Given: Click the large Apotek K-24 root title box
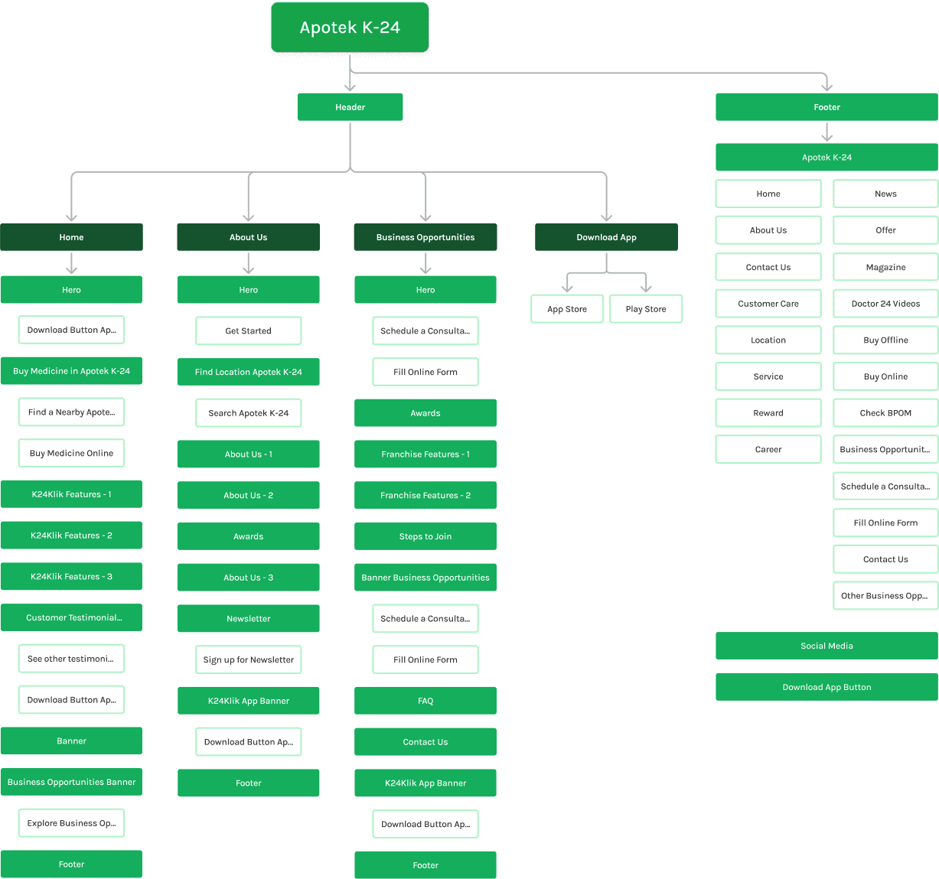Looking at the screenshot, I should coord(350,28).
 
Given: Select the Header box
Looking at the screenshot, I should coord(350,107).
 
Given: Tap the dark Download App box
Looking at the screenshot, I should coord(606,237).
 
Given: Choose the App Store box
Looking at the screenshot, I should coord(567,309).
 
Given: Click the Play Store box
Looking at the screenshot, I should coord(646,309).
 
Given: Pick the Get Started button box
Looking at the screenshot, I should coord(249,331).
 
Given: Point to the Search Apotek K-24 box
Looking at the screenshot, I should coord(249,413).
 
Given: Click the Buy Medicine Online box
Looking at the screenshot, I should coord(71,454).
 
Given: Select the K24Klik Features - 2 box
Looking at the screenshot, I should coord(71,536).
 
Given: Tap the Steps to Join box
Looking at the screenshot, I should coord(425,536).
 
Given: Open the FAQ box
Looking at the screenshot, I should coord(425,701).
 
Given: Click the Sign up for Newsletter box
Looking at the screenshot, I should coord(249,660).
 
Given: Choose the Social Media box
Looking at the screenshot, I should coord(827,646).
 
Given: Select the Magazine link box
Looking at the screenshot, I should coord(885,267).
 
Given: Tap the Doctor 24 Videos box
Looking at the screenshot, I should coord(885,304).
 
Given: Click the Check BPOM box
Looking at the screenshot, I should coord(885,413).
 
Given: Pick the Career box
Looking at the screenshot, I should coord(768,450).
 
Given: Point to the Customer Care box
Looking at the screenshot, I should coord(768,304).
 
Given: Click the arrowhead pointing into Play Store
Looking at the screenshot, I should coord(646,288).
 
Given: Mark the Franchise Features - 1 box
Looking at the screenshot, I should coord(425,454).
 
